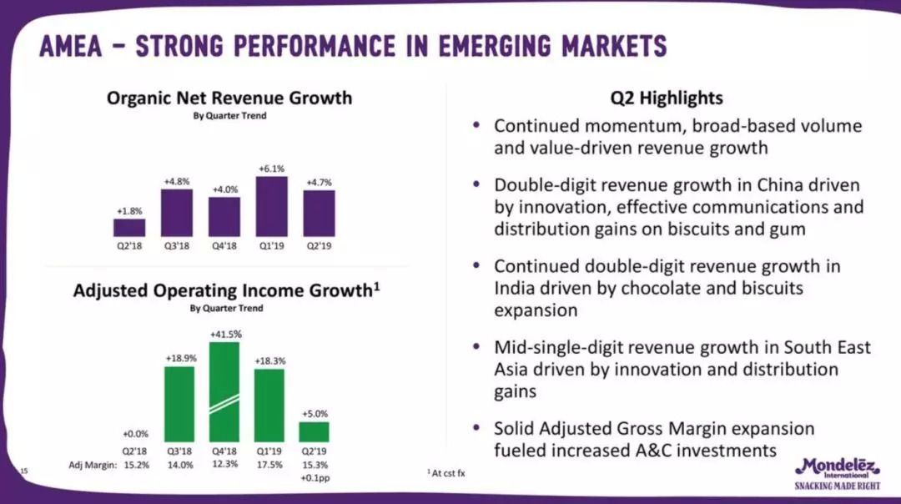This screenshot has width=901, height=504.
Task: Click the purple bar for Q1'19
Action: (271, 207)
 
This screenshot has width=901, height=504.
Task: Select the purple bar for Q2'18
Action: (129, 228)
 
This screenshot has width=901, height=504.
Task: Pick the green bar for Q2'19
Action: (314, 431)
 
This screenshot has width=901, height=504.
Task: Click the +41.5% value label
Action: (224, 334)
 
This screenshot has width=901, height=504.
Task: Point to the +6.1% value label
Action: (271, 168)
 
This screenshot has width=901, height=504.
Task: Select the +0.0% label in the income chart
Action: (135, 434)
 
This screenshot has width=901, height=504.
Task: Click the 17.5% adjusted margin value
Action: (269, 464)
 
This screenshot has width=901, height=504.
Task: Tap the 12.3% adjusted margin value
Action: (224, 464)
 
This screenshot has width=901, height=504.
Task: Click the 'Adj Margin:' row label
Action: (91, 464)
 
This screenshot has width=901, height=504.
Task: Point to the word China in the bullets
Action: (749, 184)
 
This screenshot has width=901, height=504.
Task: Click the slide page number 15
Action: (23, 471)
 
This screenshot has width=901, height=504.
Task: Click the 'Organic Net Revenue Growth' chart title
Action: (229, 98)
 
